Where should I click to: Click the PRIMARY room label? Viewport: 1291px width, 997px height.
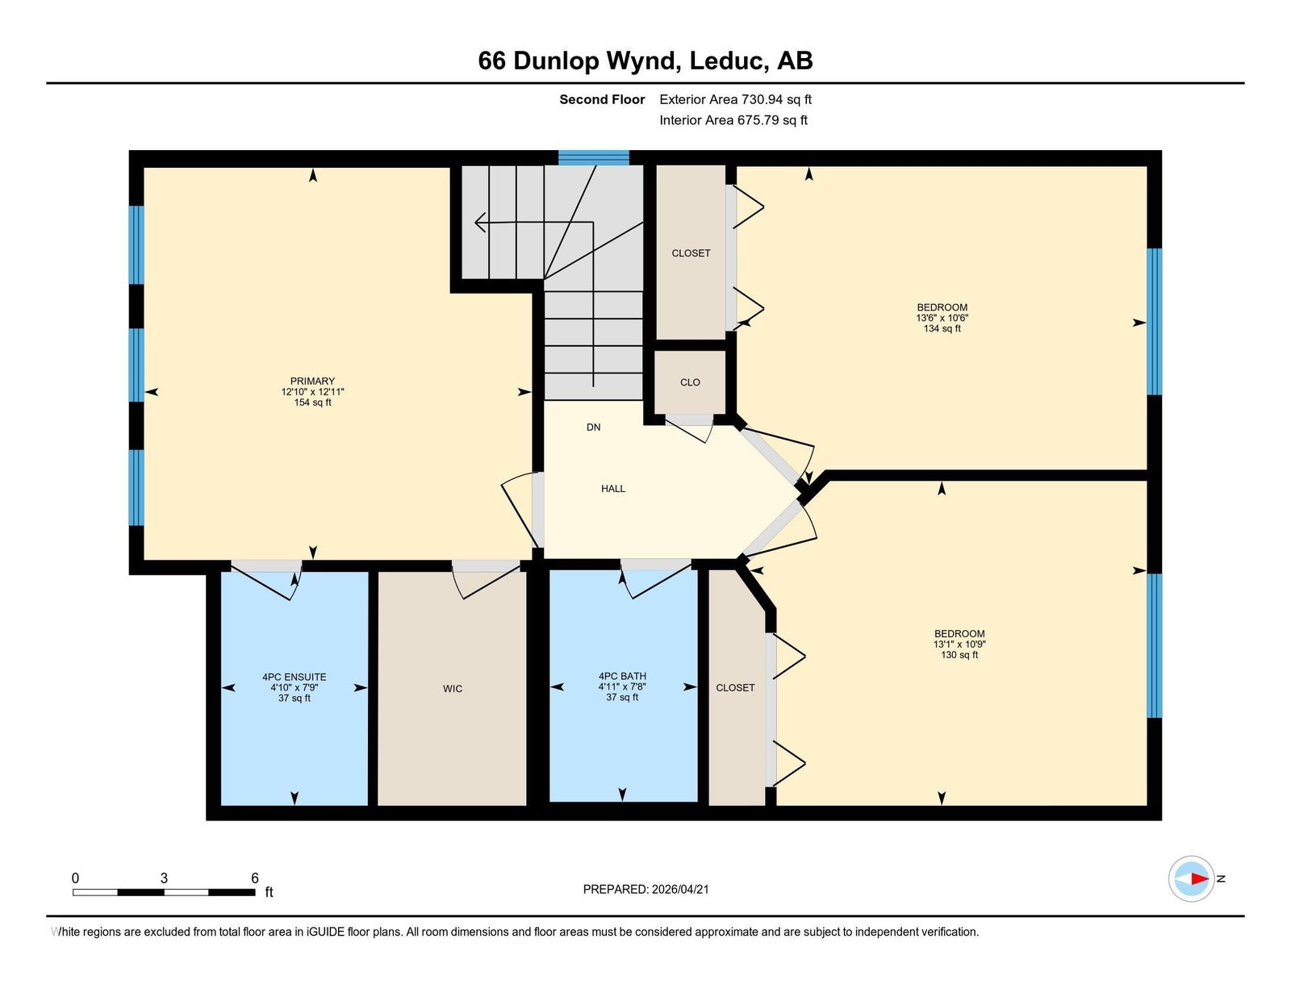click(x=312, y=382)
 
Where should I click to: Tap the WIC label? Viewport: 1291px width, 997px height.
click(x=453, y=689)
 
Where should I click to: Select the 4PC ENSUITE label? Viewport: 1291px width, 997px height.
click(x=295, y=677)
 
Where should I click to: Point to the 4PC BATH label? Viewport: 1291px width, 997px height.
click(x=622, y=676)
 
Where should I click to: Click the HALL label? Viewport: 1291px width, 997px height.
click(x=613, y=489)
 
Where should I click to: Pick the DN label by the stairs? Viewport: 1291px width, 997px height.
click(x=594, y=428)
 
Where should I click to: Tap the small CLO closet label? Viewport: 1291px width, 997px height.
click(x=691, y=382)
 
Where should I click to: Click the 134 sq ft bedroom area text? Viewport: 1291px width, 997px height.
click(x=942, y=328)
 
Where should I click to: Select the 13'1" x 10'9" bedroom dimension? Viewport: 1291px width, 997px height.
click(x=959, y=645)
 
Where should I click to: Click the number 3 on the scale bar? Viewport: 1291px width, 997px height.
click(x=164, y=878)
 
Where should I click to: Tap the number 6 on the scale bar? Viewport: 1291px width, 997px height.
click(x=255, y=878)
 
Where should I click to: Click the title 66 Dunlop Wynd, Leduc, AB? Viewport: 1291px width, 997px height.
click(x=645, y=60)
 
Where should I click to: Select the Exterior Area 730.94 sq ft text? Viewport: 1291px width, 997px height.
click(x=736, y=100)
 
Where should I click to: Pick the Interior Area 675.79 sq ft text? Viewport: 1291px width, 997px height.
click(x=733, y=120)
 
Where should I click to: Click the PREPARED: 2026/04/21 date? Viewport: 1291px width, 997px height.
click(x=645, y=890)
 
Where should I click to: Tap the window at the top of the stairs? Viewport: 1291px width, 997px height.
click(x=594, y=158)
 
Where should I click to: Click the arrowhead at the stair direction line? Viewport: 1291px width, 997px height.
click(x=480, y=223)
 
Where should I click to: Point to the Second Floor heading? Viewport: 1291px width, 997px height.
click(x=602, y=100)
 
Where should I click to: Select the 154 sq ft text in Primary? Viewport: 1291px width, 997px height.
click(x=312, y=403)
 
